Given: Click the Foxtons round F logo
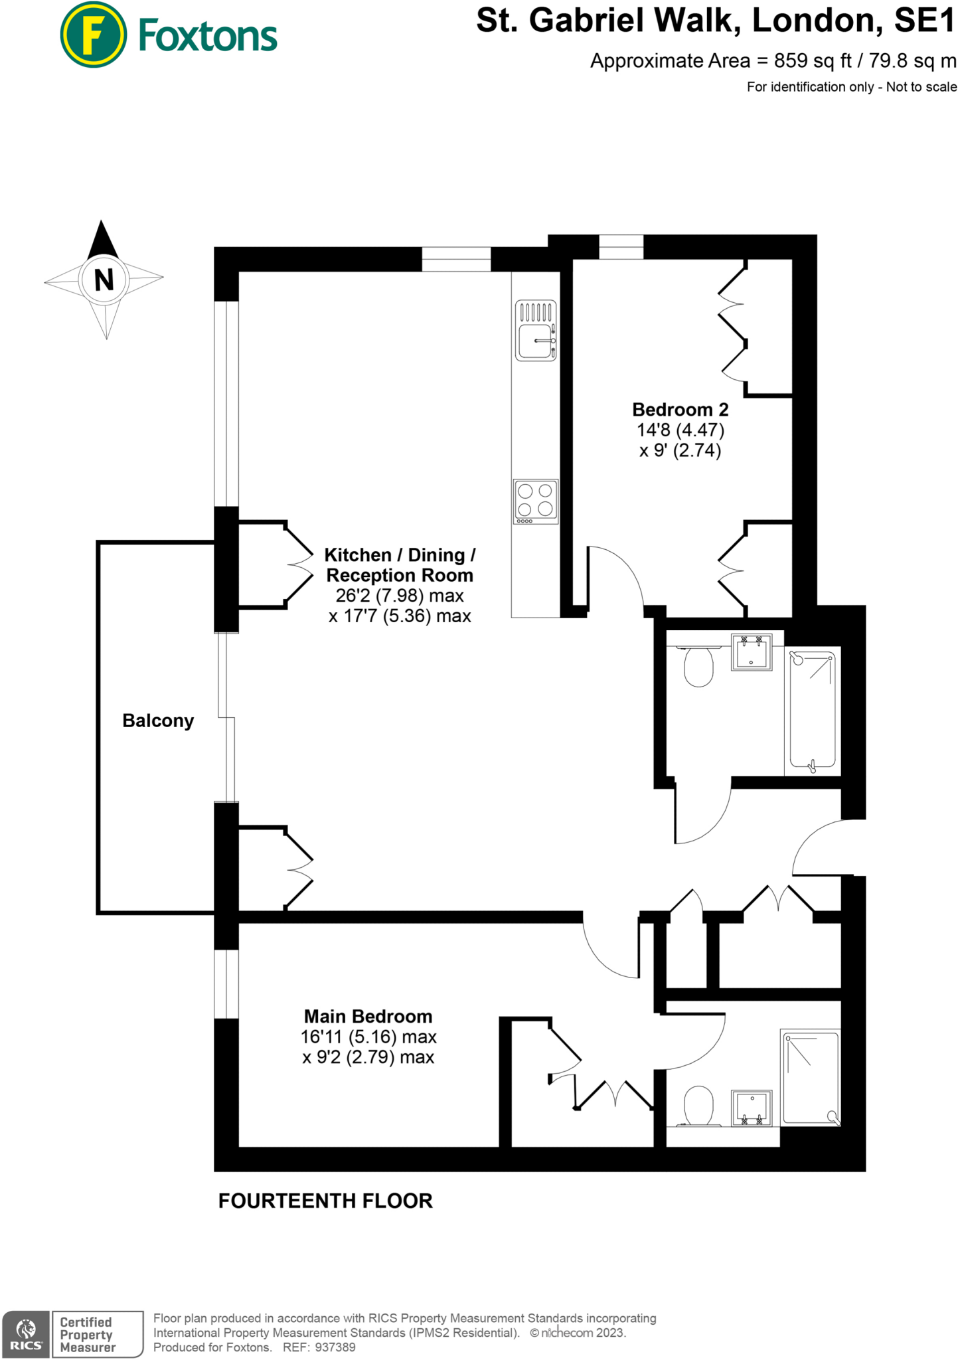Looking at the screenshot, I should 93,35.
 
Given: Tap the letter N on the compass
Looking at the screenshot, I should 104,280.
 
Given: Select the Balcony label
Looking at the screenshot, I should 158,721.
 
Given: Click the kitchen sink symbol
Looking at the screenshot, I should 535,330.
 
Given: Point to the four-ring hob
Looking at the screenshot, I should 535,501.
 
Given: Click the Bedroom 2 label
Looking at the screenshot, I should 680,409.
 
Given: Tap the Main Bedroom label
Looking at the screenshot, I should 368,1016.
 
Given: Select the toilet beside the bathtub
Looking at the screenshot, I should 698,665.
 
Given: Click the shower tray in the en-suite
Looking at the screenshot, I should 811,1077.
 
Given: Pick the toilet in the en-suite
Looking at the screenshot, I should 698,1106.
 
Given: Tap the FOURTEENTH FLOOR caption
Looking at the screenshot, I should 325,1201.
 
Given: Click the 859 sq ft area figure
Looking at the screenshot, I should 813,61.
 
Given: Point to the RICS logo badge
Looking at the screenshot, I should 26,1334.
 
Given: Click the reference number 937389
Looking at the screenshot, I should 335,1347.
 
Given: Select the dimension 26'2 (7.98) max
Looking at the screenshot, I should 399,596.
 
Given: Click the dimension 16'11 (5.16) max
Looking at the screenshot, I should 368,1037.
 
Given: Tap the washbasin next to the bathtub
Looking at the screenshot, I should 752,652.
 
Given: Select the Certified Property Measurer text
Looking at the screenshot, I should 87,1335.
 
